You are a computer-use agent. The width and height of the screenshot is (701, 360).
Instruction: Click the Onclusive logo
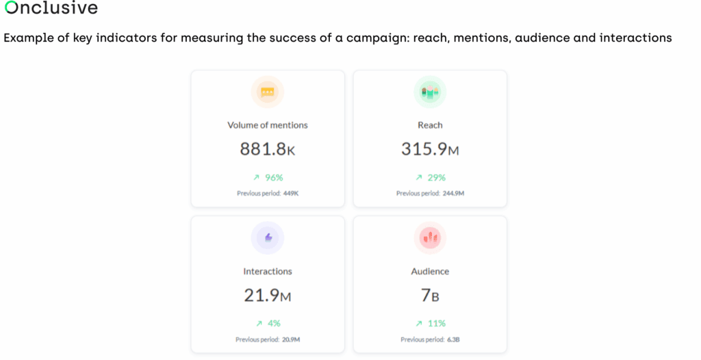coord(51,9)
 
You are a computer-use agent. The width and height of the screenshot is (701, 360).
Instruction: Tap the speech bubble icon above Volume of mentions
coord(268,92)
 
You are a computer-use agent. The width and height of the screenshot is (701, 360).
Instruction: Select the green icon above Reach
coord(430,92)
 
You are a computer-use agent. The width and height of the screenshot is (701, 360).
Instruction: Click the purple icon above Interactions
coord(268,238)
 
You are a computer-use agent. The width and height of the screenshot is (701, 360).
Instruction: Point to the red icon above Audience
coord(430,238)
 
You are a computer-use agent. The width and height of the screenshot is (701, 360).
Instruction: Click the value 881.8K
coord(268,149)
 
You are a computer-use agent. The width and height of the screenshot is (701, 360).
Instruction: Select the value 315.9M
coord(430,149)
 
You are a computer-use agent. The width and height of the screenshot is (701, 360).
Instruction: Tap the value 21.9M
coord(268,296)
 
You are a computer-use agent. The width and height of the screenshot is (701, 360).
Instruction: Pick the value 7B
coord(430,296)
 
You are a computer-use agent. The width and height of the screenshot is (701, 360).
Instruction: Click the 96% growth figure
coord(274,177)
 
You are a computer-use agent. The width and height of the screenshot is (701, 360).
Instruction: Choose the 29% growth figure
coord(436,177)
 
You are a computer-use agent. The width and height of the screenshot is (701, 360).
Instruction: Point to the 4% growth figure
coord(274,323)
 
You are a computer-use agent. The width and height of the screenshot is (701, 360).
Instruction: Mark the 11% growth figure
coord(436,323)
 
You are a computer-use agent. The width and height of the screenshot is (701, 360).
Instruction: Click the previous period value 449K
coord(291,194)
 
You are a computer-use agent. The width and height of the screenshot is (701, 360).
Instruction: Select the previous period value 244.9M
coord(453,194)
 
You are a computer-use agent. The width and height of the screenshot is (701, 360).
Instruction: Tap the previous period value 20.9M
coord(292,339)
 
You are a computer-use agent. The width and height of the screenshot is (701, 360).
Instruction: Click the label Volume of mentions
coord(268,125)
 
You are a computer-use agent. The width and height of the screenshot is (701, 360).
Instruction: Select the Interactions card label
coord(268,272)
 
